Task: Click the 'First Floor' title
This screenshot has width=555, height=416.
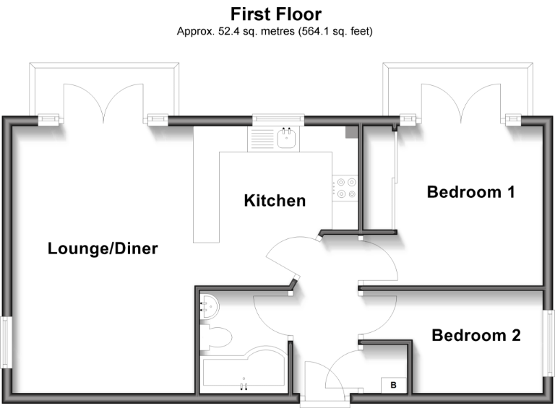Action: pos(276,14)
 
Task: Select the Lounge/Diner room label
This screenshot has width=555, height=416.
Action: pos(103,249)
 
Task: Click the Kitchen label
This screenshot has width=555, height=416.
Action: pos(275,200)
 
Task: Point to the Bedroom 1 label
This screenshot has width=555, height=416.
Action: pos(470,192)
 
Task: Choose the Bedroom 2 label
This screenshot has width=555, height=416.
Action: pos(476,335)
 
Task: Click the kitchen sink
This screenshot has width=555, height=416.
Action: pos(287,137)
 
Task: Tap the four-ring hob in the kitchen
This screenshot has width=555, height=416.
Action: pos(345,187)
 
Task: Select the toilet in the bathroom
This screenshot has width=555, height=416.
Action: pos(217,337)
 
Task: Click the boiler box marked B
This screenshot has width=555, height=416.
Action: pos(393,386)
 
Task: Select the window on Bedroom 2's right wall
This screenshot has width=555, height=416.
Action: pos(548,342)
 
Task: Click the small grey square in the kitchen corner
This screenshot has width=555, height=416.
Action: pos(350,132)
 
